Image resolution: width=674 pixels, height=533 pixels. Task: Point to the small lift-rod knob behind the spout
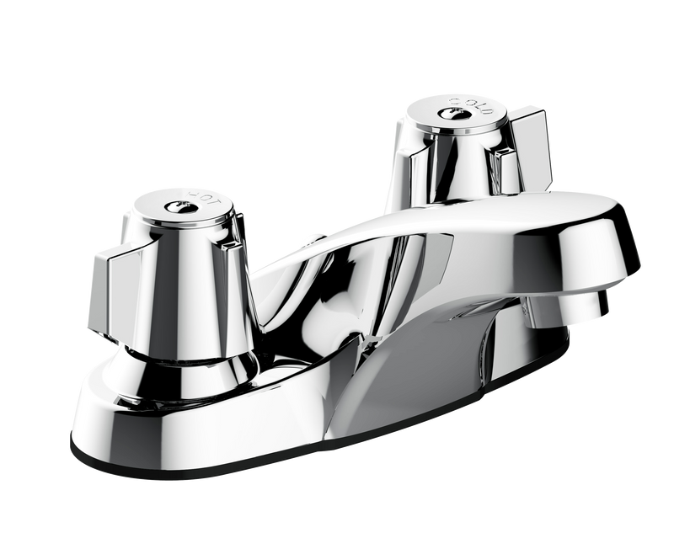coord(315,241)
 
